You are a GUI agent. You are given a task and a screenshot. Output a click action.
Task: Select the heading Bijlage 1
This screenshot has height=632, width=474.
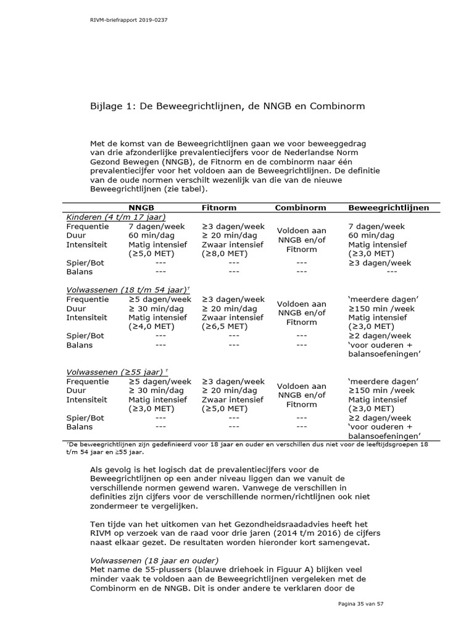(228, 106)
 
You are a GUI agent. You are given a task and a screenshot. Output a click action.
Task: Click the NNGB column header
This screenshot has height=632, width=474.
(142, 208)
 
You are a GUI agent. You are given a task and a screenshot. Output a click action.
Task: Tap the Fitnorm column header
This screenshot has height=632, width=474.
(219, 208)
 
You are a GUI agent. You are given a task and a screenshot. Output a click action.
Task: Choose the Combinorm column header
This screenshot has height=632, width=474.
(301, 208)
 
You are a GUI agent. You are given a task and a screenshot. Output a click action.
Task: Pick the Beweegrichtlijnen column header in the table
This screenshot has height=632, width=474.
(388, 208)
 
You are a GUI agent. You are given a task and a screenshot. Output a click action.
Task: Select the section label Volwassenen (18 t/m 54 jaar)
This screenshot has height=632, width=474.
(127, 290)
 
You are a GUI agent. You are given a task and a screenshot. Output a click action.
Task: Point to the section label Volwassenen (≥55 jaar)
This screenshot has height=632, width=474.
(115, 372)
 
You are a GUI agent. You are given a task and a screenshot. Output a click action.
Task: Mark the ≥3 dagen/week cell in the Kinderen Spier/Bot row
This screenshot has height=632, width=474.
(379, 262)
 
